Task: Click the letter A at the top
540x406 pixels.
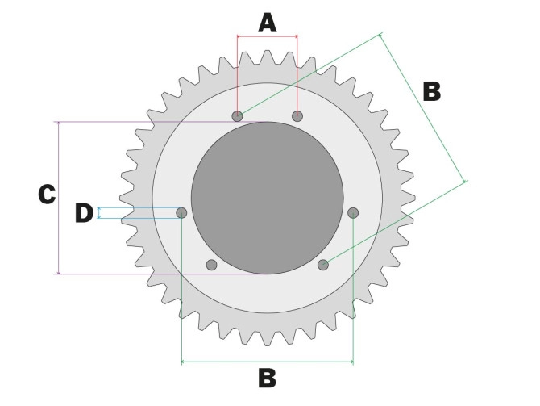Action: [x=267, y=22]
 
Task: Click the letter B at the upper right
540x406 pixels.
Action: [x=432, y=91]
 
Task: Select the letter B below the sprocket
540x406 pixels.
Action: [x=267, y=378]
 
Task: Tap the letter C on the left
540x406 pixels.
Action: [x=47, y=195]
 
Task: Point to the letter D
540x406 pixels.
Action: [x=84, y=213]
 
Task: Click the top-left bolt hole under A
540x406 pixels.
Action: [x=237, y=116]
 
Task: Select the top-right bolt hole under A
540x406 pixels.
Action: [x=297, y=116]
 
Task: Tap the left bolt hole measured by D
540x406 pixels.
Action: [x=181, y=212]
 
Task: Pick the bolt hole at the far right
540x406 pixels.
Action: [x=353, y=212]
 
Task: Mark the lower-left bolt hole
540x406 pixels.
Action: [x=212, y=265]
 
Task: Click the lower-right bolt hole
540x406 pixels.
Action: [x=323, y=265]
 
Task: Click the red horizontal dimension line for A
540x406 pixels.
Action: [x=267, y=36]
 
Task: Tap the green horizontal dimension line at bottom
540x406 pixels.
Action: [x=242, y=362]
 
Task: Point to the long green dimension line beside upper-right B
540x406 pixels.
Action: [x=423, y=109]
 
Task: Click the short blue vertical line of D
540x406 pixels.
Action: [x=98, y=213]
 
